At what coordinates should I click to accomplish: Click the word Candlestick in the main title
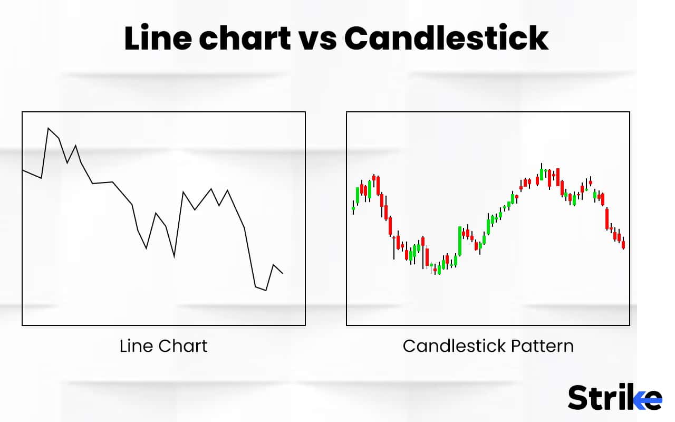tap(446, 38)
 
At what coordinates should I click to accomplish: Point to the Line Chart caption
tap(163, 346)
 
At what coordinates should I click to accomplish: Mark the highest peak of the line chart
tap(49, 128)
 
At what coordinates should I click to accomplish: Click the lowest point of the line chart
tap(266, 290)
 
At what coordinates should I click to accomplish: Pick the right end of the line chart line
tap(283, 273)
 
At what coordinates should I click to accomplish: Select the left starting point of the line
tap(23, 170)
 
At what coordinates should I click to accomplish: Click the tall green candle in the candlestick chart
tap(460, 241)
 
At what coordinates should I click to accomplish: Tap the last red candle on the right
tap(623, 244)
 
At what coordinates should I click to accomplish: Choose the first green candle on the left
tap(353, 208)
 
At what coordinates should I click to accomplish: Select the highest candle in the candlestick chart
tap(542, 173)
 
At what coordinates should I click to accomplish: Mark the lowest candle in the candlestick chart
tap(438, 270)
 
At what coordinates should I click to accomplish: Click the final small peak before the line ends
tap(273, 265)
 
